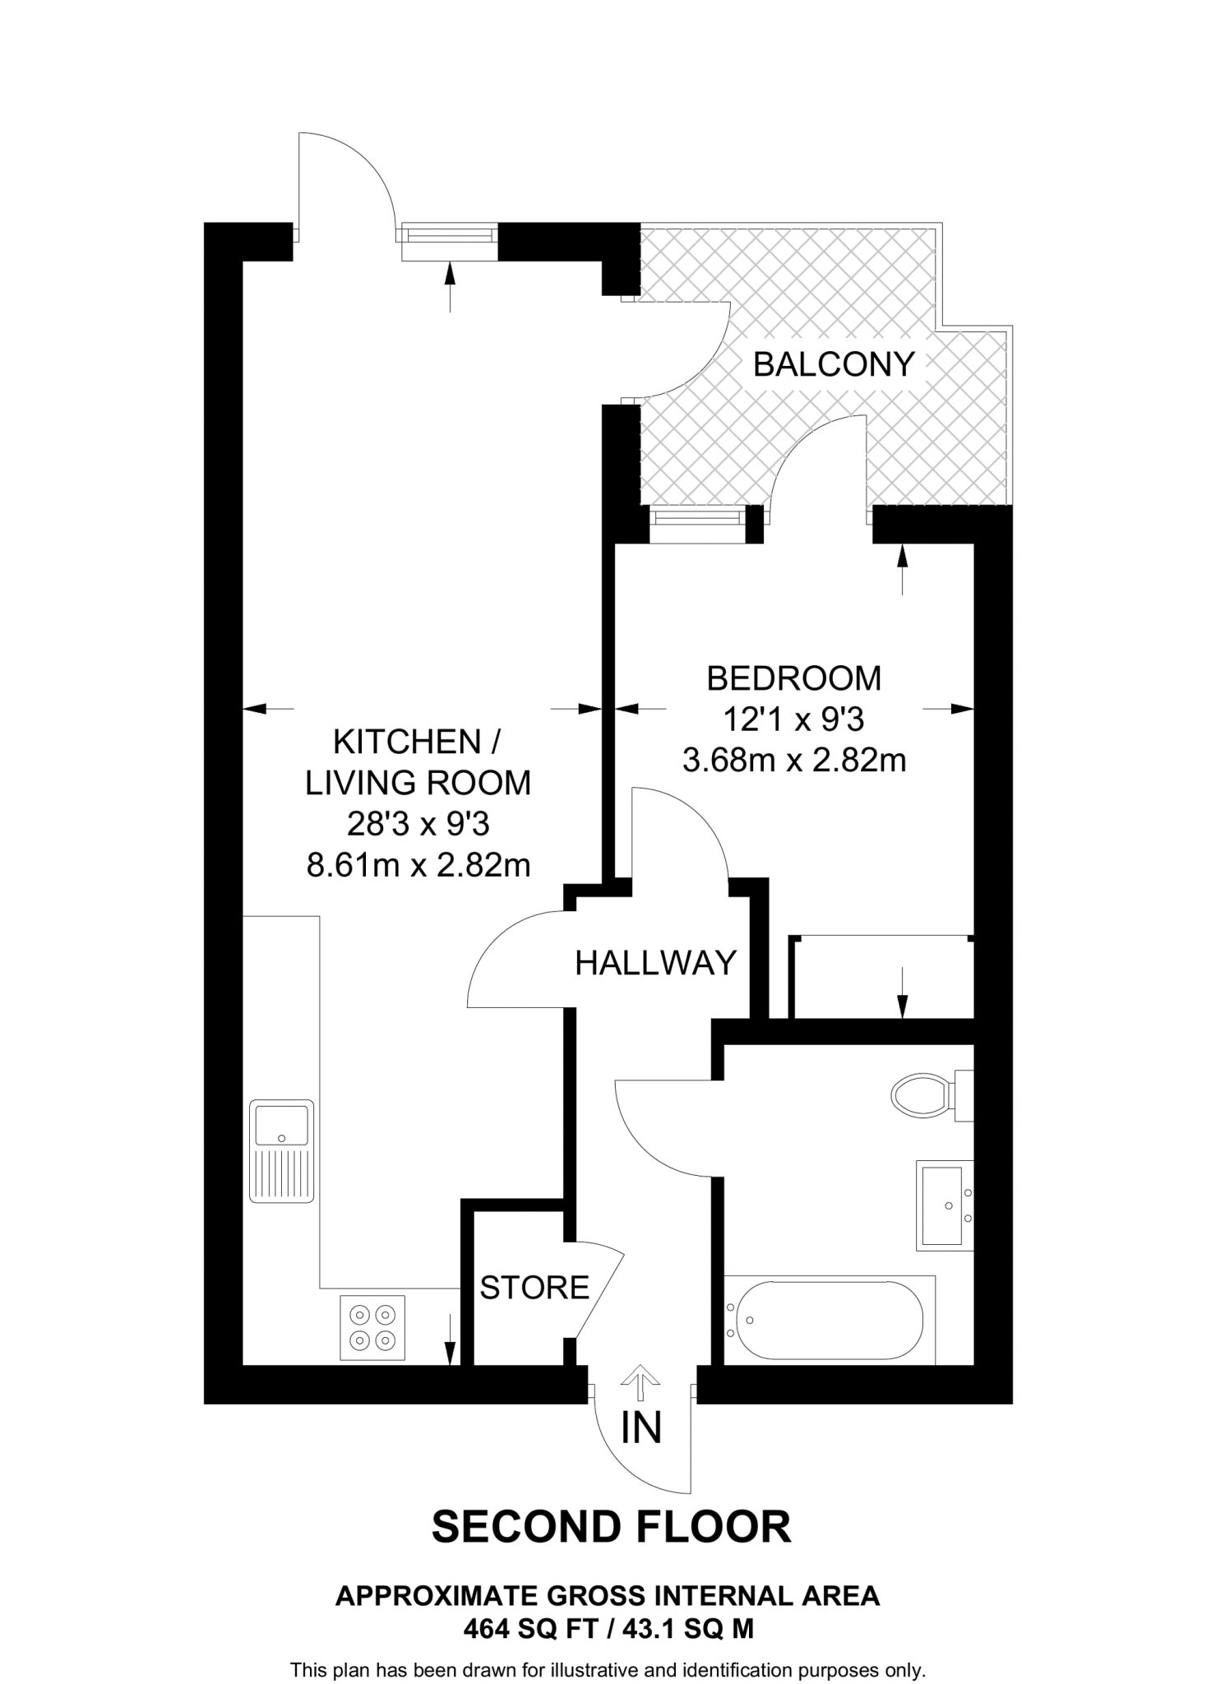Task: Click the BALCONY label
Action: coord(834,363)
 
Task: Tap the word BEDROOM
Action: coord(793,678)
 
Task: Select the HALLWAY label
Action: coord(655,963)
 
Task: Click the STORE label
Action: coord(534,1287)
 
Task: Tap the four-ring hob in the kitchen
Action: coord(372,1327)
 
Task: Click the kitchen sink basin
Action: coord(281,1125)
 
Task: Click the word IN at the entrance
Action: coord(641,1427)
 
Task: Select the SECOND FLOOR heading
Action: coord(611,1527)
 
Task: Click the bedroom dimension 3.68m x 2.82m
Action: coord(793,760)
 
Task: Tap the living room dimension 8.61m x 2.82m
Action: coord(418,865)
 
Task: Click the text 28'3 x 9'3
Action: coord(418,824)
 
